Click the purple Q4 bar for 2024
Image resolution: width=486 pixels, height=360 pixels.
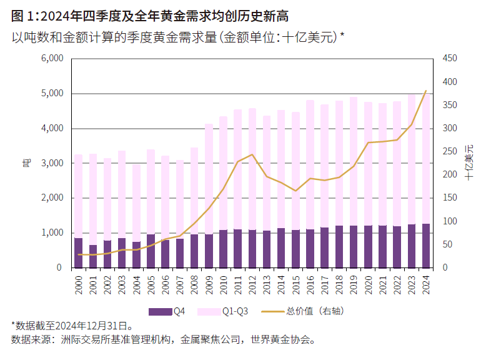(425, 246)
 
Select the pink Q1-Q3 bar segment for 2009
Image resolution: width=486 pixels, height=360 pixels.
(209, 178)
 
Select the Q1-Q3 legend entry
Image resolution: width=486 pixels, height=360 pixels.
(223, 311)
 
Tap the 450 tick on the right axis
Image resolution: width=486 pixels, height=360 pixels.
(449, 59)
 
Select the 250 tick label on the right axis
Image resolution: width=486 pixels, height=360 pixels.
(449, 152)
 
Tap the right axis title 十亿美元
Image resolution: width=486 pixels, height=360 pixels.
(469, 163)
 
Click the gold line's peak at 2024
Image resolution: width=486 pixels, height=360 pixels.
(425, 91)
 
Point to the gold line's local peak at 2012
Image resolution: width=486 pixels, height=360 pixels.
(252, 154)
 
